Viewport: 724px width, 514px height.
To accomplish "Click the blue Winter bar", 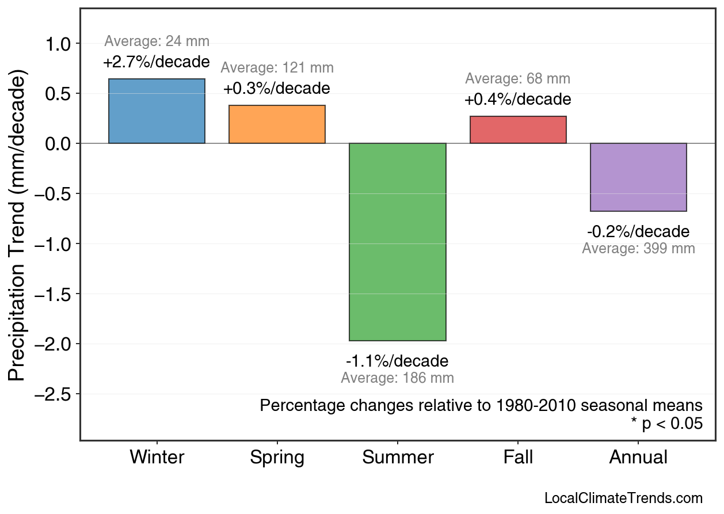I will pyautogui.click(x=157, y=111).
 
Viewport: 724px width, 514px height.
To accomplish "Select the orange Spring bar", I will pyautogui.click(x=277, y=124).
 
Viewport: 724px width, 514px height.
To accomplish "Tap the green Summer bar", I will pyautogui.click(x=397, y=242).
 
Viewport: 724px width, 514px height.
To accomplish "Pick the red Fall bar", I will pyautogui.click(x=518, y=130).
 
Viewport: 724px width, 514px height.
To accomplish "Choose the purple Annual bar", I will pyautogui.click(x=638, y=177).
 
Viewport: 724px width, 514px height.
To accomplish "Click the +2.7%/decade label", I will pyautogui.click(x=157, y=62).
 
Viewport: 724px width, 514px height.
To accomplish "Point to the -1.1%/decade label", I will pyautogui.click(x=397, y=361).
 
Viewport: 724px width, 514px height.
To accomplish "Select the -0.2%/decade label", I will pyautogui.click(x=638, y=232).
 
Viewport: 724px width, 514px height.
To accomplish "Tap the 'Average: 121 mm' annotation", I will pyautogui.click(x=277, y=68).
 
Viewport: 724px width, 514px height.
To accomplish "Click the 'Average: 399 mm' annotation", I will pyautogui.click(x=638, y=249).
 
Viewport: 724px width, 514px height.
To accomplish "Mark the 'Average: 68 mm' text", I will pyautogui.click(x=518, y=79).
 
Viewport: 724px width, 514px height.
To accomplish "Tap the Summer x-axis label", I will pyautogui.click(x=398, y=458).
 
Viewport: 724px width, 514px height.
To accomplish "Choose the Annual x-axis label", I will pyautogui.click(x=638, y=458).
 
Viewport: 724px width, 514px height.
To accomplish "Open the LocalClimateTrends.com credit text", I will pyautogui.click(x=623, y=498).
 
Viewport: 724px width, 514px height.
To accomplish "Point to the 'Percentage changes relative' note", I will pyautogui.click(x=481, y=405).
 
